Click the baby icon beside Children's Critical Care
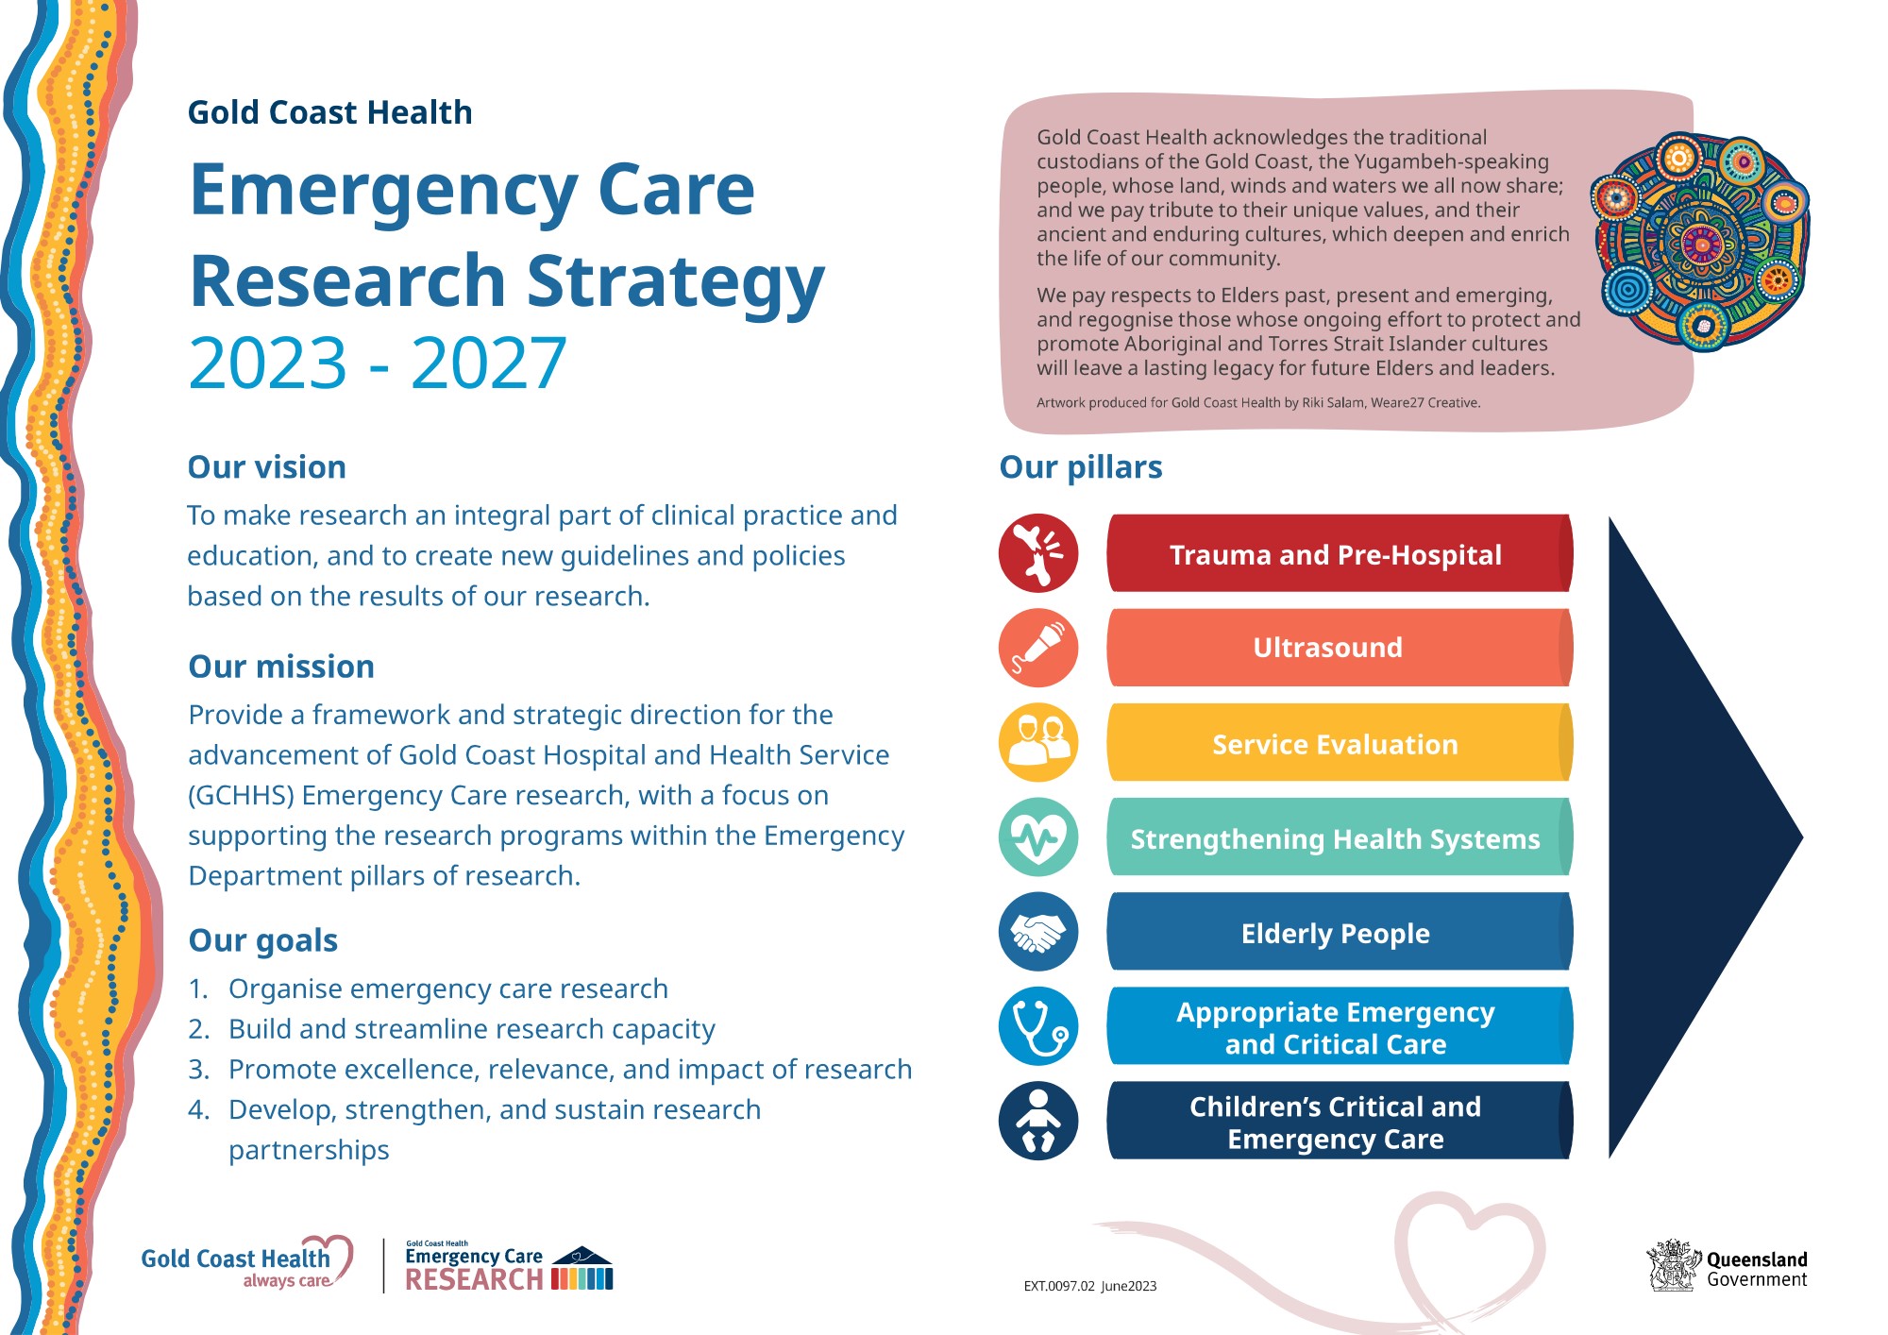pos(1038,1121)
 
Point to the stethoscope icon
pos(1038,1026)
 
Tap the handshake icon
pos(1038,932)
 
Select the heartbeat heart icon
pos(1038,836)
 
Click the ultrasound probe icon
pos(1038,648)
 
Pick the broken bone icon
pos(1038,553)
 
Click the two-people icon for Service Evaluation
pos(1038,742)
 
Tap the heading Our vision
pos(267,467)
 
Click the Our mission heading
pos(281,667)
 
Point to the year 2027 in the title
pos(488,363)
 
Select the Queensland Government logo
pos(1727,1267)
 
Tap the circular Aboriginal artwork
pos(1700,242)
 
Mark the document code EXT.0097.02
pos(1059,1286)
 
